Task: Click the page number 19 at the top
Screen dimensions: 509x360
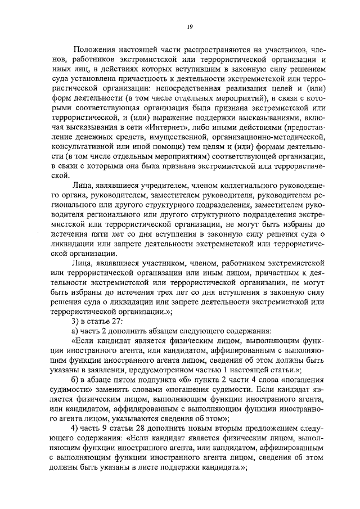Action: pyautogui.click(x=190, y=26)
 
